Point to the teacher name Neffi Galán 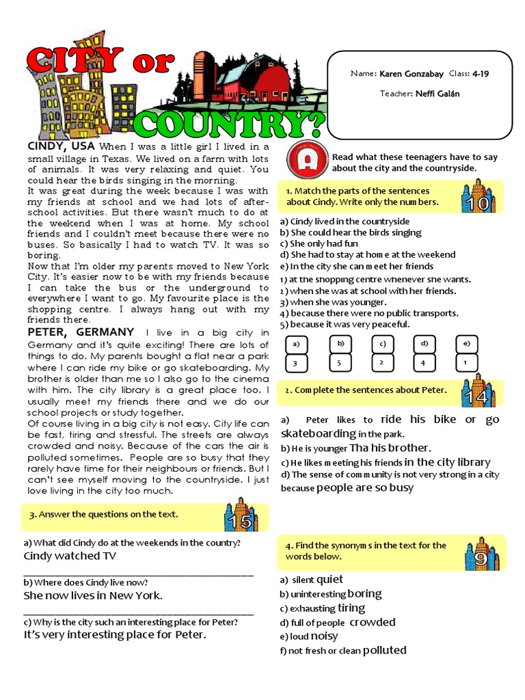coord(438,94)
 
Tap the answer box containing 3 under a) coord(295,364)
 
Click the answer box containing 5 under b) coord(340,364)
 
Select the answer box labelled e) coord(466,344)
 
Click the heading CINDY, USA coord(62,146)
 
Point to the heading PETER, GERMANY coord(81,332)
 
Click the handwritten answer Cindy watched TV coord(70,556)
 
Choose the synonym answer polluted coord(384,650)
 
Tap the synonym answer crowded coord(373,622)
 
